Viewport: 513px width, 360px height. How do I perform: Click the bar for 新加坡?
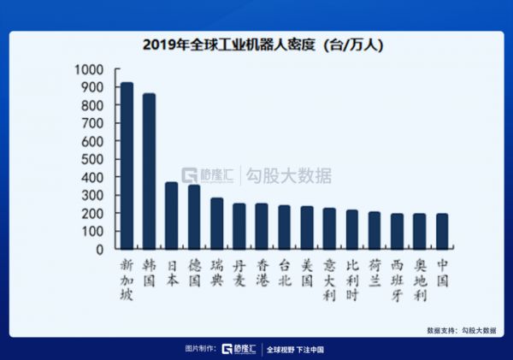[x=127, y=166]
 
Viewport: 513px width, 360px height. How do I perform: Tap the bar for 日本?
[x=171, y=215]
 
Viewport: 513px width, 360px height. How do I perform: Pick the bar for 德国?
[x=194, y=217]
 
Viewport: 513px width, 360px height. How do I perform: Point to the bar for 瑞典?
[x=216, y=224]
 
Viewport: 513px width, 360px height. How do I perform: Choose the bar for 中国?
[x=442, y=232]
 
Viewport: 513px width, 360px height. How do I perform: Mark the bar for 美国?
[x=307, y=227]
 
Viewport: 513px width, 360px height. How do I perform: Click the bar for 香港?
[x=262, y=227]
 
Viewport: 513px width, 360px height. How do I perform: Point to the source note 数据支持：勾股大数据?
[x=462, y=330]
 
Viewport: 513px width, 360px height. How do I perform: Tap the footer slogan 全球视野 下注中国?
[x=295, y=349]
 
